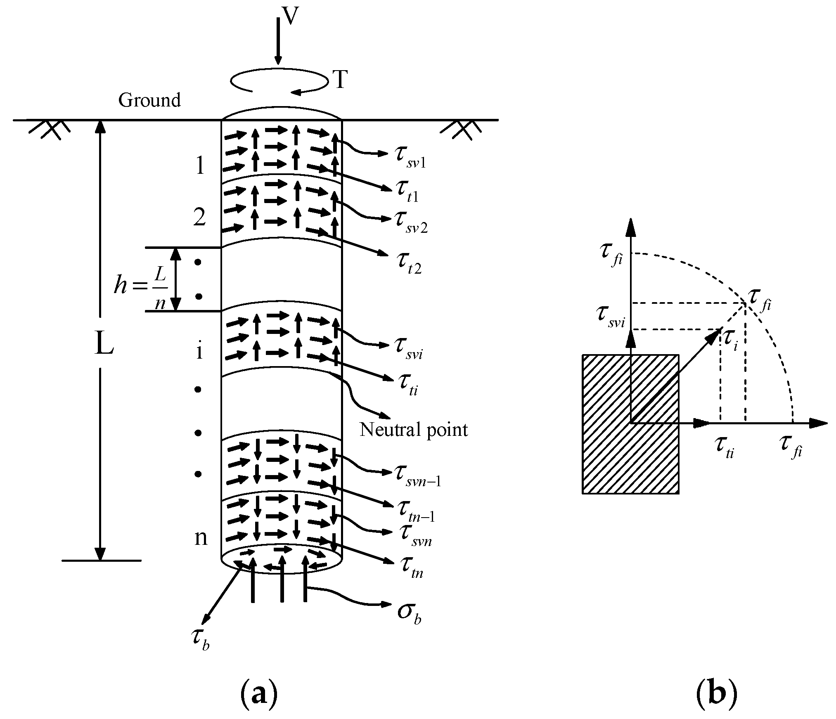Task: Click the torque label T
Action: [341, 80]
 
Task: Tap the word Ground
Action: [149, 100]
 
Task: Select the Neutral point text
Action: [413, 430]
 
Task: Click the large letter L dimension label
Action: [104, 345]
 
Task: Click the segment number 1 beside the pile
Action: [200, 166]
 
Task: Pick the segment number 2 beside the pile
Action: [200, 217]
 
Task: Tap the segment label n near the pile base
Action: [201, 538]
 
